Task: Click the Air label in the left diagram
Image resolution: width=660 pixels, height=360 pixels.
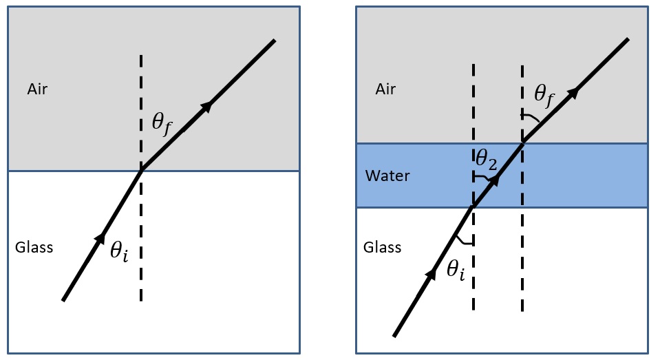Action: pyautogui.click(x=37, y=89)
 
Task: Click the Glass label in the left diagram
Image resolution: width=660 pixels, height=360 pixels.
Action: pyautogui.click(x=34, y=247)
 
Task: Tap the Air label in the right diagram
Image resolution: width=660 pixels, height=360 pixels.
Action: pyautogui.click(x=387, y=89)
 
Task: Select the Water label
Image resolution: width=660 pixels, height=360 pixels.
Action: pyautogui.click(x=387, y=176)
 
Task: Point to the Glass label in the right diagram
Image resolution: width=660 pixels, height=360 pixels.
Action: pyautogui.click(x=382, y=247)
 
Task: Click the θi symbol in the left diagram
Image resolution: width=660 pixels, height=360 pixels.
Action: pyautogui.click(x=119, y=251)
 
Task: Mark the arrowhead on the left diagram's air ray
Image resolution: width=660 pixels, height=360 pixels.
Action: pyautogui.click(x=206, y=105)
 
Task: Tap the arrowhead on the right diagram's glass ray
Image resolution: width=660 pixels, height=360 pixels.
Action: pyautogui.click(x=432, y=274)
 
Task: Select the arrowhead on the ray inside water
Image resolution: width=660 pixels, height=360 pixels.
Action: pyautogui.click(x=496, y=180)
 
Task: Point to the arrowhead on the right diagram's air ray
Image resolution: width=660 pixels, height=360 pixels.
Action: pyautogui.click(x=573, y=93)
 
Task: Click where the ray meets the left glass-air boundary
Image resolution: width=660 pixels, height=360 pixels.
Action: pyautogui.click(x=141, y=170)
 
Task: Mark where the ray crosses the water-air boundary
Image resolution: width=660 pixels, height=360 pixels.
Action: pyautogui.click(x=522, y=143)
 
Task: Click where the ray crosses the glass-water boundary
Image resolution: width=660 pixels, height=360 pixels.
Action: pyautogui.click(x=473, y=207)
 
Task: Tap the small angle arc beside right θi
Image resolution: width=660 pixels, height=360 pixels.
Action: pyautogui.click(x=465, y=240)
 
